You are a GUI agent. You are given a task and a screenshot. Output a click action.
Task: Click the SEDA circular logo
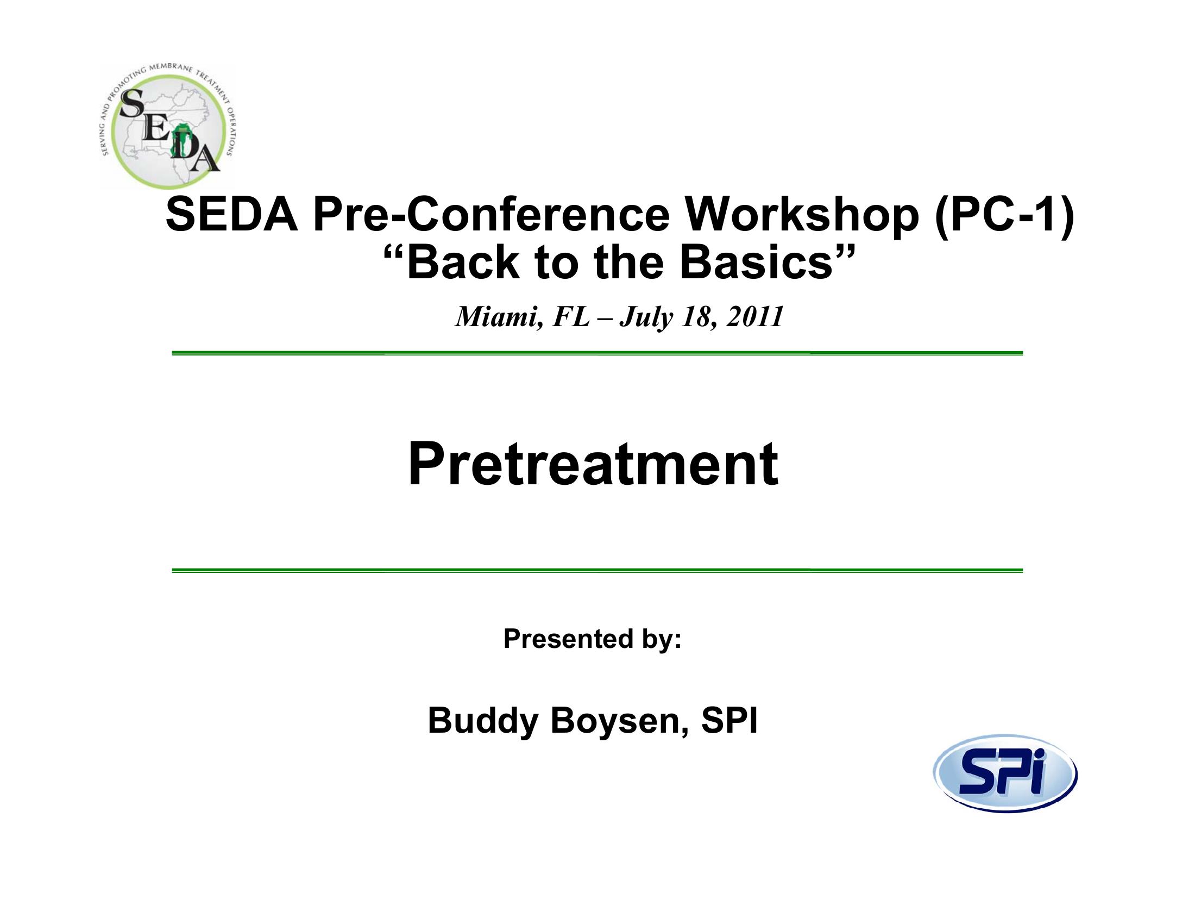click(167, 127)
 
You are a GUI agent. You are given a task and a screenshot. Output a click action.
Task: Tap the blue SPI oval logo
click(1004, 773)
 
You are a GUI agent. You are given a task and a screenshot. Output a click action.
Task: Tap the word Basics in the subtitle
click(756, 262)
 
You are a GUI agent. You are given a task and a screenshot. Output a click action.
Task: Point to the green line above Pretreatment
click(597, 353)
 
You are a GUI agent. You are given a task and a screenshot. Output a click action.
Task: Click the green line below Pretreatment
click(597, 570)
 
